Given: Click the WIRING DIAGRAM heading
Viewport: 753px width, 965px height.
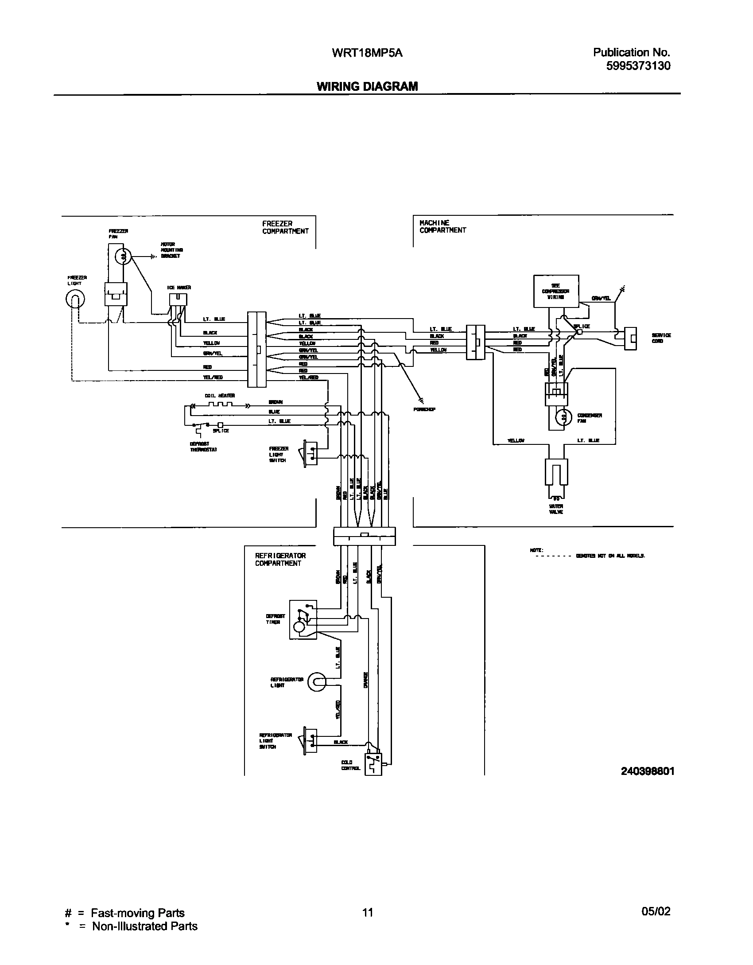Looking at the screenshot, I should [x=367, y=86].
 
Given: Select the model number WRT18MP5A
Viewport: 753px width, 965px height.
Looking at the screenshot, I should [x=367, y=53].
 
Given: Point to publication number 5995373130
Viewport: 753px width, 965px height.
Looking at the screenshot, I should [x=638, y=66].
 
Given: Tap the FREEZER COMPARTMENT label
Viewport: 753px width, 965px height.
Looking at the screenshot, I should [x=285, y=227].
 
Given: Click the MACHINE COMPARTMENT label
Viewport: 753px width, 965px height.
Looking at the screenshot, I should [x=442, y=226].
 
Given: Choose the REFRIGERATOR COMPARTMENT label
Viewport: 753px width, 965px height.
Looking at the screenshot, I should [x=280, y=559].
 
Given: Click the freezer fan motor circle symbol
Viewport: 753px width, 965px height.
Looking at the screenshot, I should [x=124, y=256].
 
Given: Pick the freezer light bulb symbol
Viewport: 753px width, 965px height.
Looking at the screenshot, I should [x=75, y=300].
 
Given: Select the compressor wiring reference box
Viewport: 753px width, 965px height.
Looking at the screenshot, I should [x=555, y=291].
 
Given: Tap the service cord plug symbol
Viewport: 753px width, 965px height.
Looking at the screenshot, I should [x=631, y=339].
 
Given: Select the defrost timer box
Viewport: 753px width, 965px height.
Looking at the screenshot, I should [x=303, y=619].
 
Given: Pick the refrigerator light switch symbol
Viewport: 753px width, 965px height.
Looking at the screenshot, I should [x=310, y=740].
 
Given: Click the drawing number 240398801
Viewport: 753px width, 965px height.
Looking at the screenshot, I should [x=647, y=771].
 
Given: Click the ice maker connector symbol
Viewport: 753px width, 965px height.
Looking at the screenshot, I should [x=178, y=300].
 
